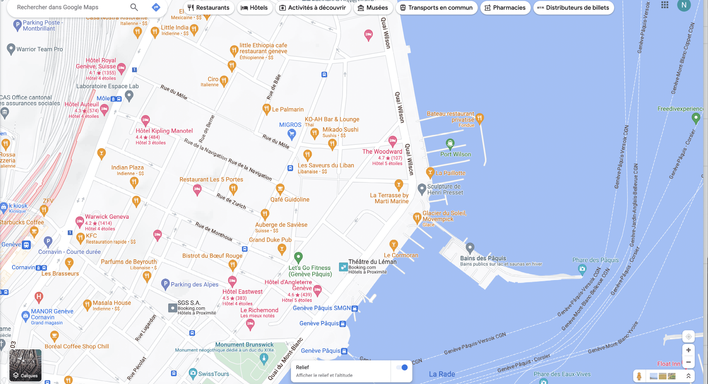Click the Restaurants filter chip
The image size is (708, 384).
click(209, 8)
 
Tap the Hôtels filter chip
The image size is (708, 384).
click(254, 8)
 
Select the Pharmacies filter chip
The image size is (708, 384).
click(505, 8)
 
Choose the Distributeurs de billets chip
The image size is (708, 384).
click(573, 8)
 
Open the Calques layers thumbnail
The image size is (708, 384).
click(25, 365)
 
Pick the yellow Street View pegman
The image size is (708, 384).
click(639, 376)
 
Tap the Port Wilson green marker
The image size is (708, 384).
click(450, 143)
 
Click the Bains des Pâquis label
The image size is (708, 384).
click(483, 258)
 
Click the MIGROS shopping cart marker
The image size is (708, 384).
click(292, 134)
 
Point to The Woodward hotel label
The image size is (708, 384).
click(382, 152)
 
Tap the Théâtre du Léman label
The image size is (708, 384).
click(372, 262)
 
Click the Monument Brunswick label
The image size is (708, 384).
click(244, 344)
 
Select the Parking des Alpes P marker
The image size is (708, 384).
click(165, 284)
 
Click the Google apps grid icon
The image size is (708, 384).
click(665, 5)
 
